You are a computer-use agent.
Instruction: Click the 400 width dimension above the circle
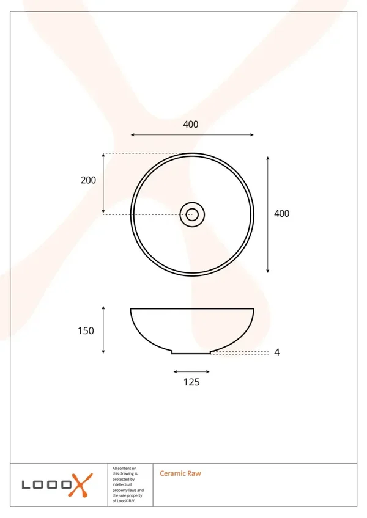tap(191, 125)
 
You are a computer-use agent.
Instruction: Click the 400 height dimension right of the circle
tap(281, 214)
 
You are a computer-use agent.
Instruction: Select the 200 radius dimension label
tap(88, 180)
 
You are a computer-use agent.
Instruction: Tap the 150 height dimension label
tap(86, 330)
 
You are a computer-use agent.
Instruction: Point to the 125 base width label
tap(191, 382)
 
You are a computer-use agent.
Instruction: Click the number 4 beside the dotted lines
tap(277, 352)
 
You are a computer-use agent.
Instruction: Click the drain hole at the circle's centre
tap(192, 215)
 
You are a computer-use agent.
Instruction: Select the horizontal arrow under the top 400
tap(192, 135)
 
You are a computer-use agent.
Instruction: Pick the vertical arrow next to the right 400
tap(268, 215)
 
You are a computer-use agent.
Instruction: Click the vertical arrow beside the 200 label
tap(103, 183)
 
